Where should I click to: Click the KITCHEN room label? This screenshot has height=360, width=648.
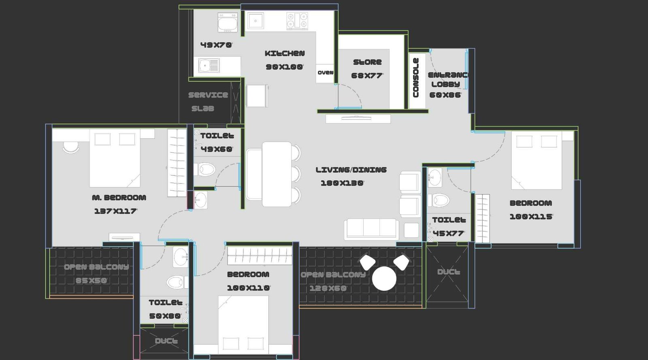(284, 53)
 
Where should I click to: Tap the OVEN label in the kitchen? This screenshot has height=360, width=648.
(325, 72)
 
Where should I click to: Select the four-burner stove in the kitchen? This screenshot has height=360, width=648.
(297, 21)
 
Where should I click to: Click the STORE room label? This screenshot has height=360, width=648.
(367, 62)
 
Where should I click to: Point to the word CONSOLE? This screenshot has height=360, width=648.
(416, 78)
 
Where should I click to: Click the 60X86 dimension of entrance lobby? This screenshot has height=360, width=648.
(445, 95)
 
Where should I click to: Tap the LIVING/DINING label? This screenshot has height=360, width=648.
(351, 170)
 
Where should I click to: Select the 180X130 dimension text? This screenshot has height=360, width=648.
(342, 183)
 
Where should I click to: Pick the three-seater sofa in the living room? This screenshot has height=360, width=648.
(371, 229)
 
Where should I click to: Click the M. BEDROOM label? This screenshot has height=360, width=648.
(119, 198)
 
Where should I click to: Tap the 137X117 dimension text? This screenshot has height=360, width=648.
(115, 211)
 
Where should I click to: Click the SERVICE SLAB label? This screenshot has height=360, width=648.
(207, 101)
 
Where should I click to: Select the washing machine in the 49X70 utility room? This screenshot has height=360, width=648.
(228, 23)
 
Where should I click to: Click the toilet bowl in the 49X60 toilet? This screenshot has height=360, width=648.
(206, 169)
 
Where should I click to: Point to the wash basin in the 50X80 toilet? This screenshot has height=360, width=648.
(181, 257)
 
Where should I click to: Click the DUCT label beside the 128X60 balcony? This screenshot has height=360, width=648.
(448, 272)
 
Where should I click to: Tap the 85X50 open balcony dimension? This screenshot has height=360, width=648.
(91, 280)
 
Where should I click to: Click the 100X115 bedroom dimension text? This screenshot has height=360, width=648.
(531, 217)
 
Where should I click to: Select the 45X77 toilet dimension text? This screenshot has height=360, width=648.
(448, 233)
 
